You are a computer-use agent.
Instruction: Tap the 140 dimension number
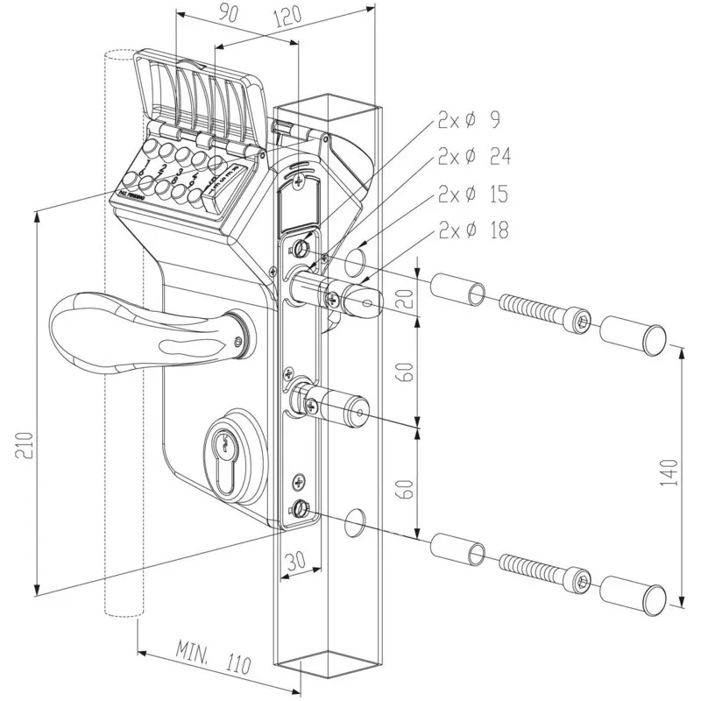click(x=670, y=473)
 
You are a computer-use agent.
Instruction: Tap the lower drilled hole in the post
click(x=358, y=519)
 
